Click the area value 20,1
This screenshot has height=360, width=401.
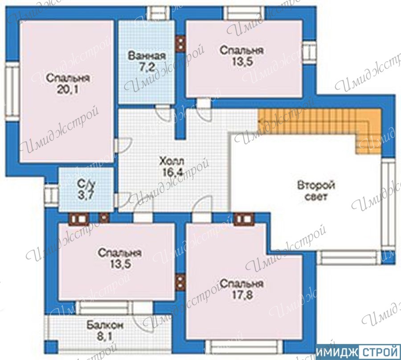[x=68, y=89]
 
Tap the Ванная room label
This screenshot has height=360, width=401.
[x=147, y=56]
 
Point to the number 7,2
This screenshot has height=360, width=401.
[x=147, y=67]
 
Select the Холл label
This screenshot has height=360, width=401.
[x=172, y=161]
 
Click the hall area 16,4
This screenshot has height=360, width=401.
[x=173, y=173]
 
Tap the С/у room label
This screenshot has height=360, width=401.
[x=86, y=184]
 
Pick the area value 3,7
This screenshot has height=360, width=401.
[x=86, y=195]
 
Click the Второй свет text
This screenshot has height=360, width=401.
[x=316, y=191]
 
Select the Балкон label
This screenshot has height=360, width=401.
[x=105, y=326]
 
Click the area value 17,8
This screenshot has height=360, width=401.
[x=242, y=295]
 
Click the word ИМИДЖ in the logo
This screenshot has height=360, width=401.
[x=338, y=353]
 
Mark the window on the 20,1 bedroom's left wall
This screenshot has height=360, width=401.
[x=12, y=91]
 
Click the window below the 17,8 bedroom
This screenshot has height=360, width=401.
[x=244, y=347]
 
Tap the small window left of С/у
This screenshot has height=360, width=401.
[x=52, y=195]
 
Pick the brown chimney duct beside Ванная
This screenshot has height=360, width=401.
[x=180, y=44]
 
